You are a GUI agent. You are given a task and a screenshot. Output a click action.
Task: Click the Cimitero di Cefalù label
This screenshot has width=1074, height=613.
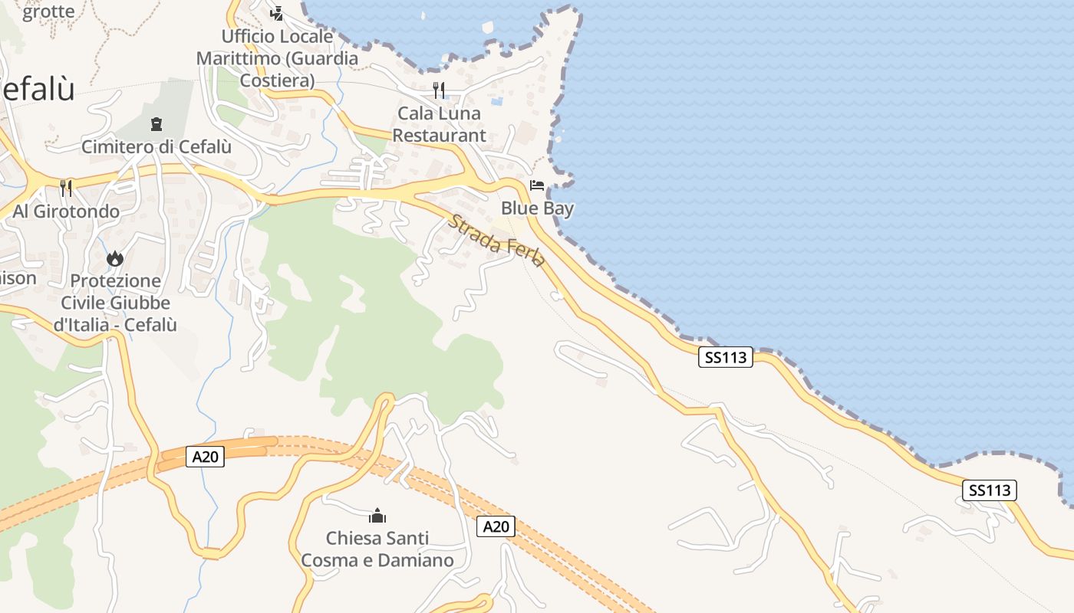[x=156, y=146]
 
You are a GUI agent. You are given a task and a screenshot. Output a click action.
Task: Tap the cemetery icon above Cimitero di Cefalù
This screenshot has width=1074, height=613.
[x=156, y=123]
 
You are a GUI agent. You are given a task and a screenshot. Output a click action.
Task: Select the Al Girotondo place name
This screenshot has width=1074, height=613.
[x=66, y=211]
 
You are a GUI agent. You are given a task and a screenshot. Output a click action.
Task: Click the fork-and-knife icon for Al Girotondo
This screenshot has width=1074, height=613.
[x=66, y=188]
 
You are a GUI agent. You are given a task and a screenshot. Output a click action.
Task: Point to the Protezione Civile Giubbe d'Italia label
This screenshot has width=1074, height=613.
[x=115, y=303]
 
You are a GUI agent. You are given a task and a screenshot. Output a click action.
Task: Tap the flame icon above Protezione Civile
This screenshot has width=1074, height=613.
[x=115, y=259]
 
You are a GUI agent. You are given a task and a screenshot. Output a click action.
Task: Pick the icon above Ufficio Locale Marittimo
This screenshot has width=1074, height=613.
[x=277, y=13]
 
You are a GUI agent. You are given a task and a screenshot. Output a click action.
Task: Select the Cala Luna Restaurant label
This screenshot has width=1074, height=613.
[x=439, y=124]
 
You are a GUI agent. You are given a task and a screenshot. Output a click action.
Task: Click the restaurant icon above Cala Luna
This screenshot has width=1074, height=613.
[x=439, y=90]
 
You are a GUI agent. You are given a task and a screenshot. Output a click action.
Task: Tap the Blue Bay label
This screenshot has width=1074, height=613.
[x=537, y=208]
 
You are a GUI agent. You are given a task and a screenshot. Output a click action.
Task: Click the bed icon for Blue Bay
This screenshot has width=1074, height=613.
[x=537, y=185]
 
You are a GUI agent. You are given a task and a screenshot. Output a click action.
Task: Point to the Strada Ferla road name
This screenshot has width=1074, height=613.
[x=496, y=241]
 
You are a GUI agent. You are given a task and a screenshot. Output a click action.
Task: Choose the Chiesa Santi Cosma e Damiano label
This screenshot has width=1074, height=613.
[x=377, y=549]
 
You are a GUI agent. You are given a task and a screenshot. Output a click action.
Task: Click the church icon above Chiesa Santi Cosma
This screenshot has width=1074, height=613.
[x=377, y=516]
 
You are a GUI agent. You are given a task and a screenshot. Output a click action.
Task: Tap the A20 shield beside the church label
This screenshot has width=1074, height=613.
[x=496, y=526]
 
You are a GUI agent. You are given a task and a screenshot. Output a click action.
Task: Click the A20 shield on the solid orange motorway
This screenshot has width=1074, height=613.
[x=205, y=457]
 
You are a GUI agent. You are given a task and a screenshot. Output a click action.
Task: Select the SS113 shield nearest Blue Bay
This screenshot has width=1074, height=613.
[x=726, y=357]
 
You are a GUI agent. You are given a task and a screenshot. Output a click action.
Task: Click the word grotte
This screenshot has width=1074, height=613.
[x=48, y=11]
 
